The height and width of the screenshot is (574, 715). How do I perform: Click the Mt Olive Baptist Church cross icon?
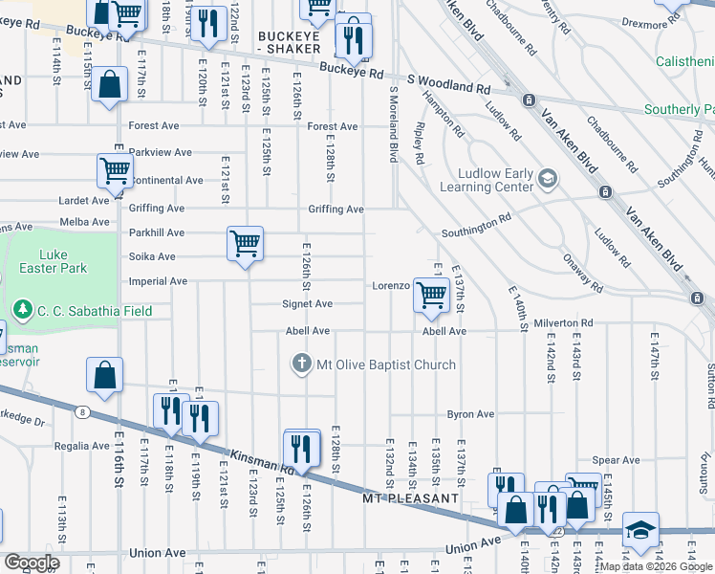pyautogui.click(x=301, y=364)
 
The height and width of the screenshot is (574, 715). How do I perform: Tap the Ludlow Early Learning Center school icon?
pyautogui.click(x=548, y=178)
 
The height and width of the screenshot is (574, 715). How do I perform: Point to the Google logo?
pyautogui.click(x=31, y=563)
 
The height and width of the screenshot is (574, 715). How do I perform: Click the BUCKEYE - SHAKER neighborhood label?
pyautogui.click(x=294, y=42)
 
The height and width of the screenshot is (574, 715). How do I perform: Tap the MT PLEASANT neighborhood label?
pyautogui.click(x=411, y=499)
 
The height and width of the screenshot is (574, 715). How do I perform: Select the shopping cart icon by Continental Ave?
pyautogui.click(x=115, y=171)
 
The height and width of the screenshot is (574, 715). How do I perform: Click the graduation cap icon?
pyautogui.click(x=640, y=529)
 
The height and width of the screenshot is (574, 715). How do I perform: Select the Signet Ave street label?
pyautogui.click(x=307, y=304)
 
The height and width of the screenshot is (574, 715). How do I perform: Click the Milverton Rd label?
pyautogui.click(x=564, y=323)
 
